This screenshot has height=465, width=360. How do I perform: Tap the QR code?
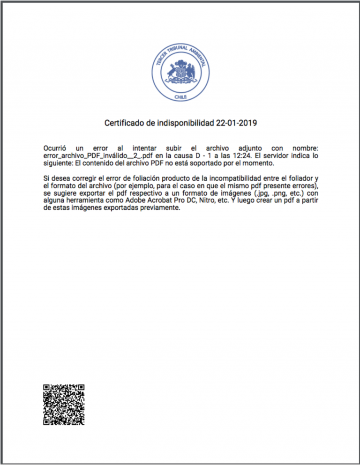pyautogui.click(x=64, y=405)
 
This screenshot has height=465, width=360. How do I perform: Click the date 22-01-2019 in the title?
pyautogui.click(x=236, y=123)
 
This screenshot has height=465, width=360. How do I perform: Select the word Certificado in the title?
pyautogui.click(x=123, y=123)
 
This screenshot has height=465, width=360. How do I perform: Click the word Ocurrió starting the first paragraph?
pyautogui.click(x=56, y=148)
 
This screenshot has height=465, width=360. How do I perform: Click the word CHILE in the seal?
pyautogui.click(x=180, y=97)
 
